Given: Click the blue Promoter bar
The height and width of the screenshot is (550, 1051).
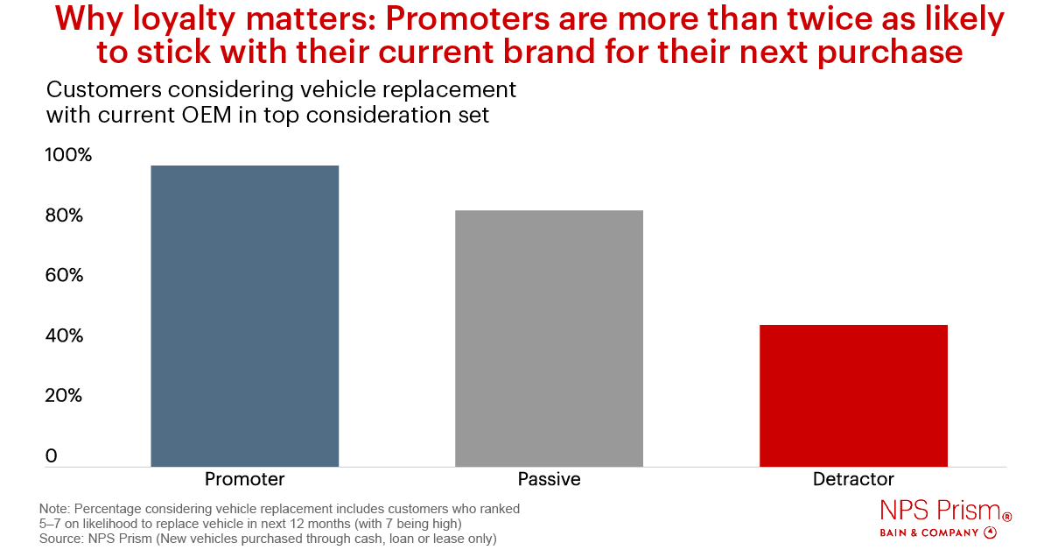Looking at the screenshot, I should pyautogui.click(x=244, y=316).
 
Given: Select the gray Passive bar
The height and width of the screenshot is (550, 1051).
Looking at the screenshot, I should pyautogui.click(x=549, y=338).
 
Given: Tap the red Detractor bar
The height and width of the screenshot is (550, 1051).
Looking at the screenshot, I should pyautogui.click(x=853, y=396).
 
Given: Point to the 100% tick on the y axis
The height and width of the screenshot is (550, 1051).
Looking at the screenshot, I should pyautogui.click(x=67, y=156).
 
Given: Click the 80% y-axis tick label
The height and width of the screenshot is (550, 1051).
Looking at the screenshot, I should pyautogui.click(x=64, y=216).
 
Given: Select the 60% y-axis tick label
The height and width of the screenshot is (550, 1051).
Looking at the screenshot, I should pyautogui.click(x=64, y=276).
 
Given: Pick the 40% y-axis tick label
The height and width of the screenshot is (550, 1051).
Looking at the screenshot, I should pyautogui.click(x=64, y=336).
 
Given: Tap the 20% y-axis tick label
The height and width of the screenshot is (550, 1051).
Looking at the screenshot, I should pyautogui.click(x=64, y=396).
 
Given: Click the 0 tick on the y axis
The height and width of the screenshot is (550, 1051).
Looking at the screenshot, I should pyautogui.click(x=51, y=456).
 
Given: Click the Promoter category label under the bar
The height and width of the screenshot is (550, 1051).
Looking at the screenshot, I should pyautogui.click(x=244, y=480).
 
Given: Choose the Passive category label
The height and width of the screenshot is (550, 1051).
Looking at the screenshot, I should pyautogui.click(x=549, y=480).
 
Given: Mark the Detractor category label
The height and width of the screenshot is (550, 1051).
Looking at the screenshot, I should pyautogui.click(x=853, y=480).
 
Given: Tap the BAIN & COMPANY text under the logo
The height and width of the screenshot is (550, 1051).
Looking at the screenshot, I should pyautogui.click(x=928, y=532).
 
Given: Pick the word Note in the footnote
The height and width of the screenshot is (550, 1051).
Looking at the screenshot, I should pyautogui.click(x=55, y=509).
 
